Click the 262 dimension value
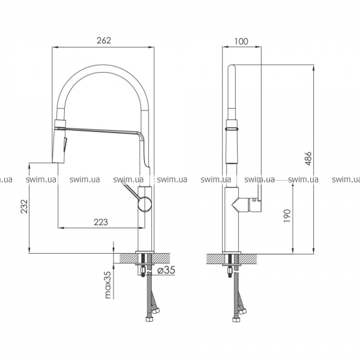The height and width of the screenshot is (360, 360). coord(104,40)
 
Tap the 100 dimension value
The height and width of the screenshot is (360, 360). coord(241,41)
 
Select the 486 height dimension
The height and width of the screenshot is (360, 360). coord(308,158)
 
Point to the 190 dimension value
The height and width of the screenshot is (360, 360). coord(287,215)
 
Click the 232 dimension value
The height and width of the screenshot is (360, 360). coord(25,206)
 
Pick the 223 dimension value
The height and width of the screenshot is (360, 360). coord(101,222)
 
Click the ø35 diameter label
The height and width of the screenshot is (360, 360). coord(166,270)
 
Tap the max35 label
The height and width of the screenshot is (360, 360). coord(107,284)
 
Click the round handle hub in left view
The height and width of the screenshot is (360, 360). coord(145,203)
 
